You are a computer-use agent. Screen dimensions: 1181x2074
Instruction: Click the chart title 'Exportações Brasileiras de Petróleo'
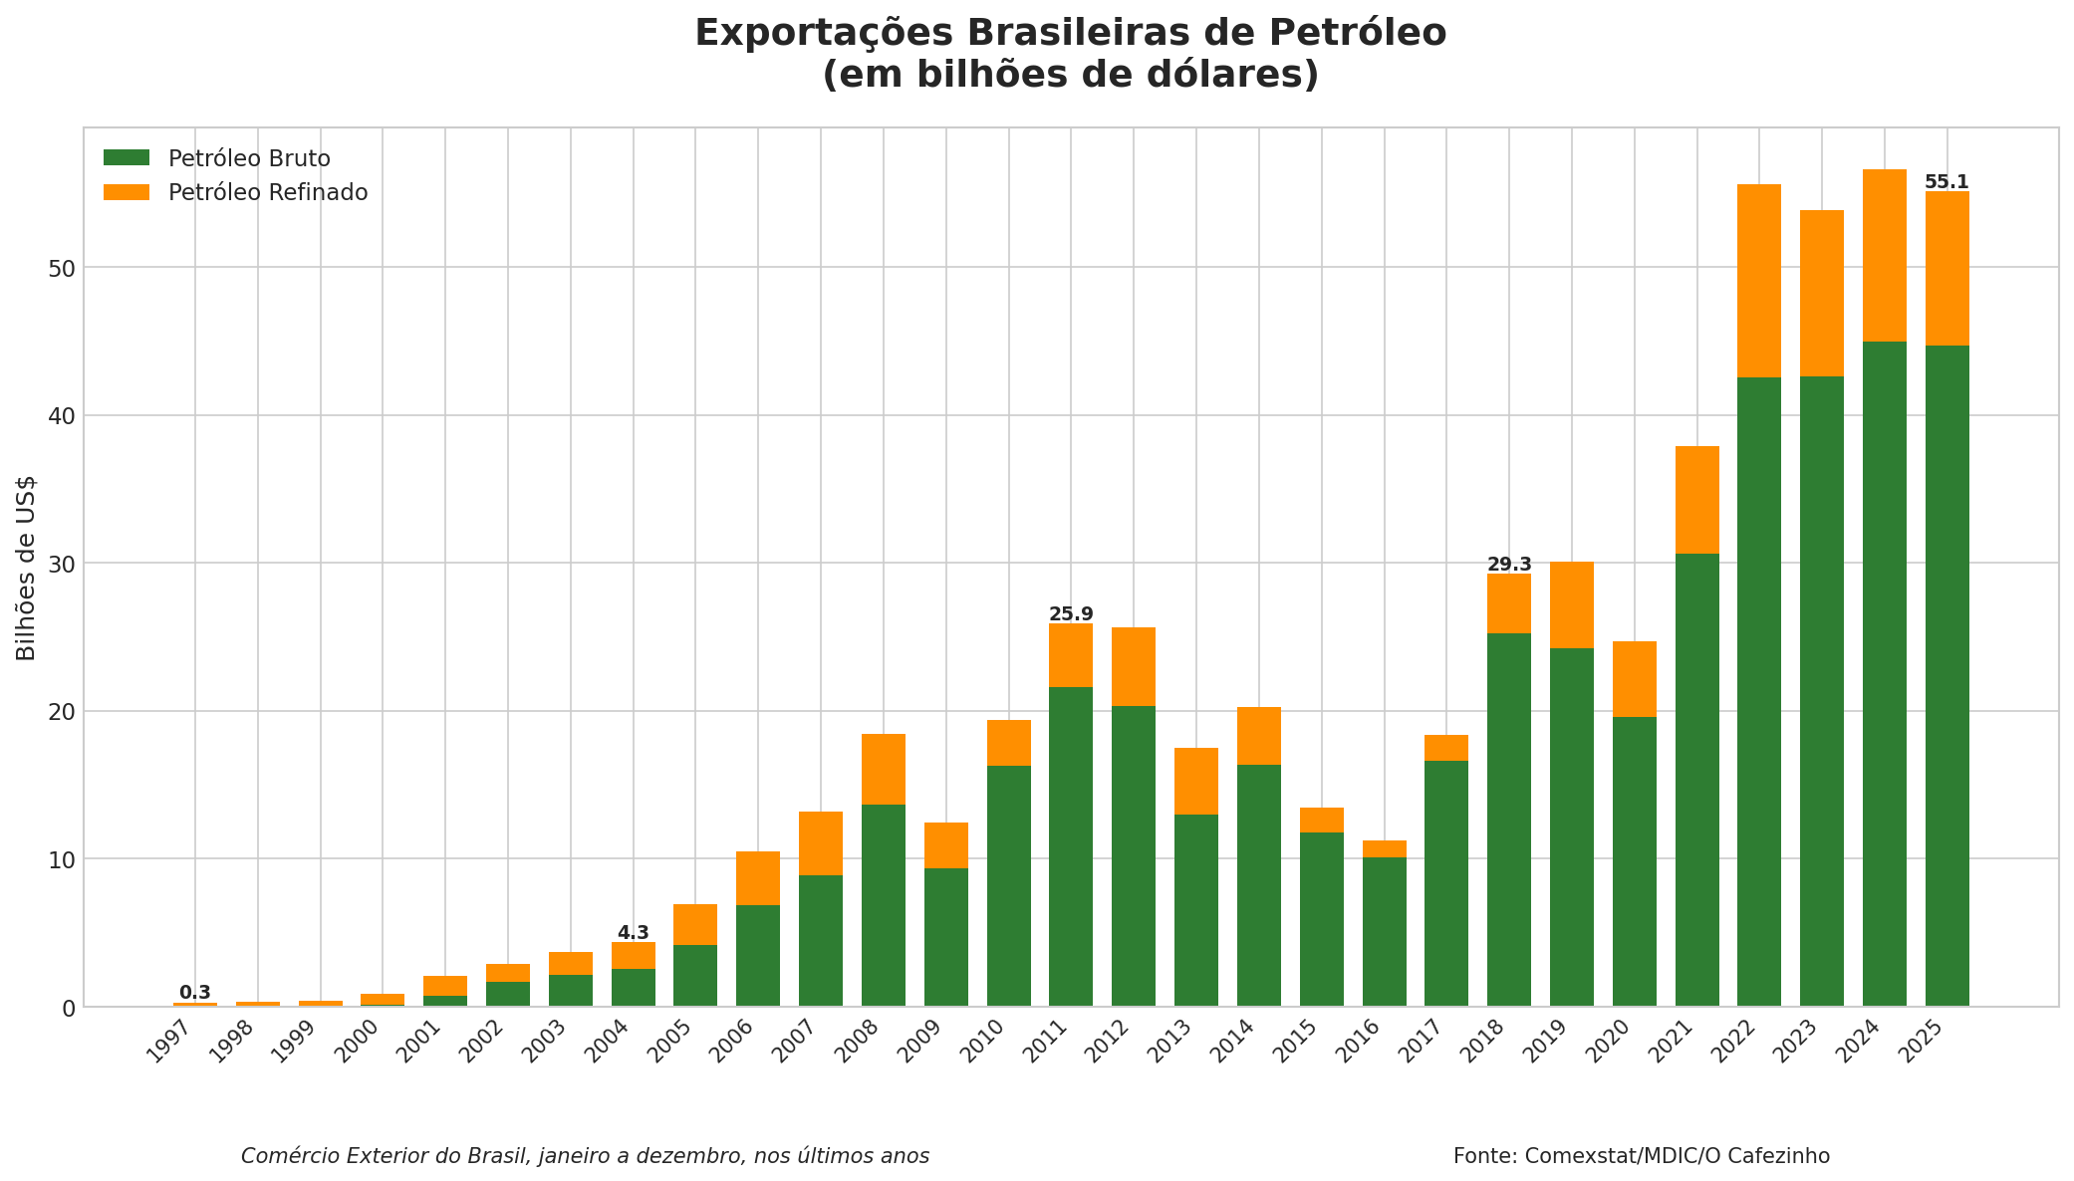pyautogui.click(x=1070, y=34)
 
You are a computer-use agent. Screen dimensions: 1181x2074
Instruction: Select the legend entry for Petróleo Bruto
pyautogui.click(x=249, y=159)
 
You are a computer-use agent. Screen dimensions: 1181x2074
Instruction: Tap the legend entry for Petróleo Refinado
pyautogui.click(x=267, y=193)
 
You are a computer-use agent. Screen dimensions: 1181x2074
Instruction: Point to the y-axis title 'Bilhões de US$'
pyautogui.click(x=27, y=568)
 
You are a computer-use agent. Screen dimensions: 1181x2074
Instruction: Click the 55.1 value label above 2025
pyautogui.click(x=1946, y=182)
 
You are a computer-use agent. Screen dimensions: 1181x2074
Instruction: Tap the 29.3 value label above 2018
pyautogui.click(x=1509, y=565)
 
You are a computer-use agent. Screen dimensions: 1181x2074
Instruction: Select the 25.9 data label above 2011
pyautogui.click(x=1071, y=614)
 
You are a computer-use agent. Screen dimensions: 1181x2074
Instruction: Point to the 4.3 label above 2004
pyautogui.click(x=633, y=933)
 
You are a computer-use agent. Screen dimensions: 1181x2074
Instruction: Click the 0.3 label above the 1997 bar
pyautogui.click(x=195, y=993)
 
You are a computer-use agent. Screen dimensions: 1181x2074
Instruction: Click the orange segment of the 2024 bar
pyautogui.click(x=1884, y=256)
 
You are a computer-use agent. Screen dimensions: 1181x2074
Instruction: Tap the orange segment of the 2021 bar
pyautogui.click(x=1696, y=500)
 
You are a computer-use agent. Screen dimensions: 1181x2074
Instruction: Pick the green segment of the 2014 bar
pyautogui.click(x=1259, y=885)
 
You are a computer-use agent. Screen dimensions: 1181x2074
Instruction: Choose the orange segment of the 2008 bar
pyautogui.click(x=884, y=769)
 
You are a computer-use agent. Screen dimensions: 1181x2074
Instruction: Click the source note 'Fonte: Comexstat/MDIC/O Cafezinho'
pyautogui.click(x=1641, y=1156)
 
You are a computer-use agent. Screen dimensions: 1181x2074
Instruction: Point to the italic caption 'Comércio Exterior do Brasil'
pyautogui.click(x=585, y=1156)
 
